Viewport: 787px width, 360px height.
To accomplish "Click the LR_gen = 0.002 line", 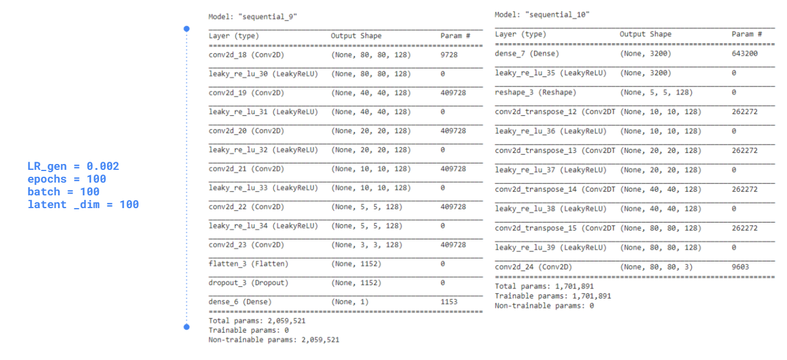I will tap(73, 166).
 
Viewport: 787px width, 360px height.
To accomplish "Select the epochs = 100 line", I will tap(67, 179).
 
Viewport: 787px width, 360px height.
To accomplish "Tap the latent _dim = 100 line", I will tap(83, 204).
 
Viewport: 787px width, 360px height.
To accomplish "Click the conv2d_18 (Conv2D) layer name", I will tap(246, 54).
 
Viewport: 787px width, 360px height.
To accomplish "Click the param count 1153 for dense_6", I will tap(448, 302).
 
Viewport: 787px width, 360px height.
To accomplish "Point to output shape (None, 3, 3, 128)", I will tap(367, 245).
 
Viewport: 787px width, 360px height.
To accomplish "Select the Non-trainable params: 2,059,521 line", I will tap(274, 340).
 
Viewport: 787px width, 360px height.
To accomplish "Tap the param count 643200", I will tap(744, 53).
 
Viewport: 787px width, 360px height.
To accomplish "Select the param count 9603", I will tap(740, 267).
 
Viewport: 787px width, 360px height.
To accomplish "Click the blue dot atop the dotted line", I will tap(186, 28).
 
